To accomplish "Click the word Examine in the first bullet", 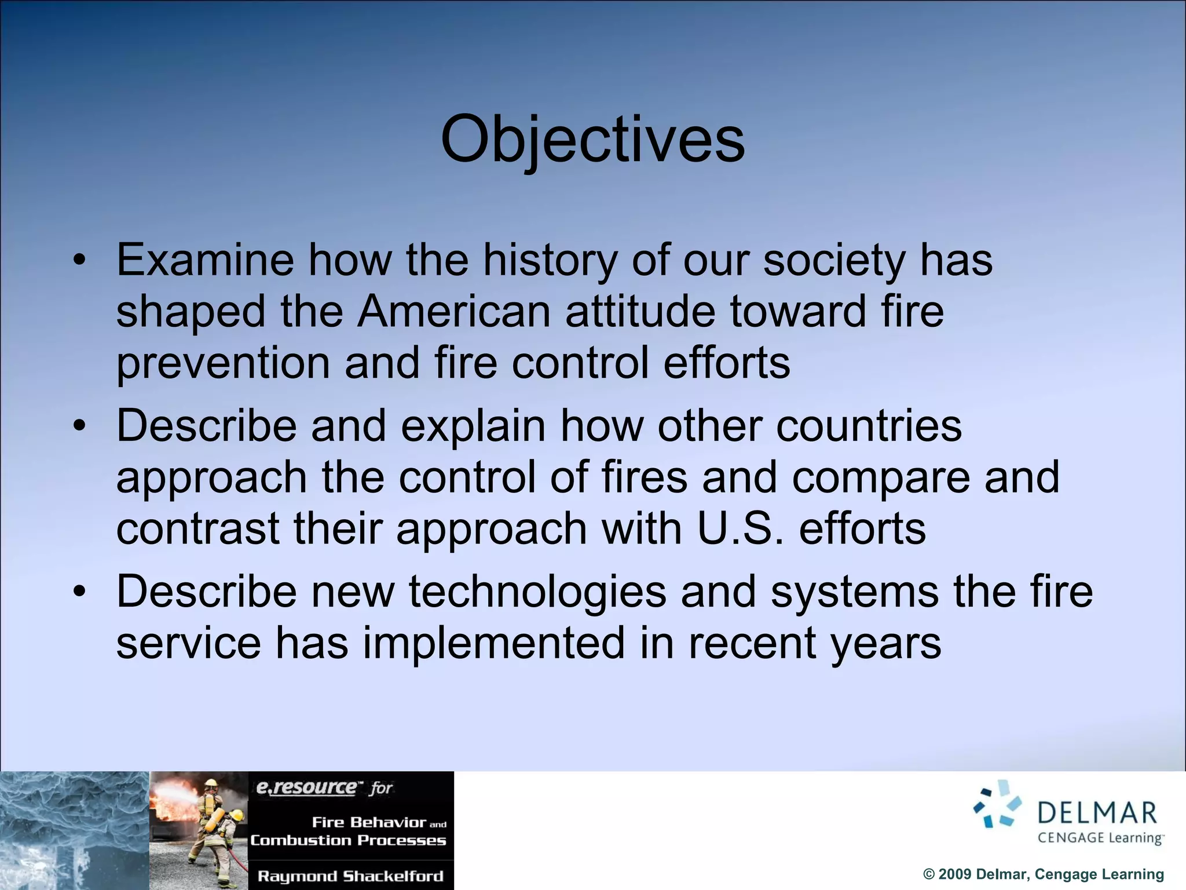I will click(x=205, y=260).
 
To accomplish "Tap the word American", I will click(x=453, y=312).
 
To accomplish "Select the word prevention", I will click(x=223, y=363).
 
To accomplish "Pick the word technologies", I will click(x=537, y=592).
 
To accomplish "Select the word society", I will click(x=834, y=260).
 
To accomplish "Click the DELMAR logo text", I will click(x=1097, y=812).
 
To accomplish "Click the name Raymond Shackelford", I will click(x=350, y=876).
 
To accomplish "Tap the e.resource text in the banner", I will click(x=307, y=787).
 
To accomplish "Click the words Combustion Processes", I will click(x=348, y=840).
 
